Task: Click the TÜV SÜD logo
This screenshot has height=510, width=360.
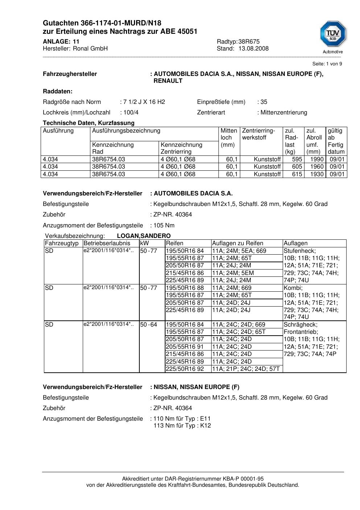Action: point(333,36)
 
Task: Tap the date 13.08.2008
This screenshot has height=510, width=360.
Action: point(253,49)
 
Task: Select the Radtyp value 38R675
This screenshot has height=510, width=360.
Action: point(249,41)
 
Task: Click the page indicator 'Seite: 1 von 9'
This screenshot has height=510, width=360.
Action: point(327,64)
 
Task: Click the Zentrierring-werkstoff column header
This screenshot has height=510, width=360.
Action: point(258,134)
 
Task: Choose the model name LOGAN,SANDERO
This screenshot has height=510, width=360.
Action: point(144,236)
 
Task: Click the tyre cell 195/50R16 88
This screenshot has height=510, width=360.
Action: point(185,288)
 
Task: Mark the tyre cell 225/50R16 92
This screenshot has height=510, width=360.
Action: point(185,369)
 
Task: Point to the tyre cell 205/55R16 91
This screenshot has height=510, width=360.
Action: point(185,347)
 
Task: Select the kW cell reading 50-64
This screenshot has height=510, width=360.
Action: point(148,325)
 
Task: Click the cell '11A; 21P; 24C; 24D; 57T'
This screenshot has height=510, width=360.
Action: point(246,369)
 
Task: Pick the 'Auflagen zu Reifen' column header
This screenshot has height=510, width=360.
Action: point(237,243)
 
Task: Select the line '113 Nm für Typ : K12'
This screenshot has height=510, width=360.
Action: point(182,426)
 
